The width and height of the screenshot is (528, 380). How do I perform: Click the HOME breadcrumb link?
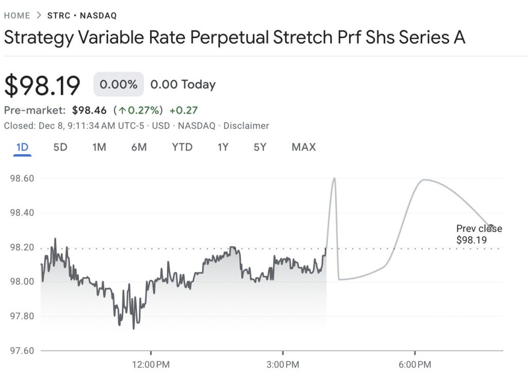click(x=17, y=15)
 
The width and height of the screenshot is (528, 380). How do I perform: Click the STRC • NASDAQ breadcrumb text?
click(x=82, y=15)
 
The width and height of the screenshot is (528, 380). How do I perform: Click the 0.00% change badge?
click(x=119, y=85)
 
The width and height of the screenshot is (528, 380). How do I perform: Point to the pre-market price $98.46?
click(x=89, y=110)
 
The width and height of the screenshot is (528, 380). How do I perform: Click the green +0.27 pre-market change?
click(x=184, y=110)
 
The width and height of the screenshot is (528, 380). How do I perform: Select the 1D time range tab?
click(x=22, y=147)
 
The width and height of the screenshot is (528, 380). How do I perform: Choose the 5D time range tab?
click(x=60, y=147)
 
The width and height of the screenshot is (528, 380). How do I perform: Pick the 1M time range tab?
click(x=99, y=147)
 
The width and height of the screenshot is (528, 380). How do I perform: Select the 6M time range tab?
click(x=139, y=147)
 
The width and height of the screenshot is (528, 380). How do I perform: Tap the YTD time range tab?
click(x=182, y=147)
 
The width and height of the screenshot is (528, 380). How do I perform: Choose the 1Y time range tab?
click(x=223, y=147)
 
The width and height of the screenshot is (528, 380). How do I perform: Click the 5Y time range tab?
click(x=260, y=147)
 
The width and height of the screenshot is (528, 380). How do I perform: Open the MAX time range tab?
click(x=303, y=147)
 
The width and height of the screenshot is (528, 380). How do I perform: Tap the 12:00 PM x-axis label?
click(x=151, y=365)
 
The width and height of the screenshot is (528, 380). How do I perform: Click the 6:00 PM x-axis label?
click(x=415, y=365)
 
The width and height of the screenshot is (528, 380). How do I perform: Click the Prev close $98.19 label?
click(x=478, y=234)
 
